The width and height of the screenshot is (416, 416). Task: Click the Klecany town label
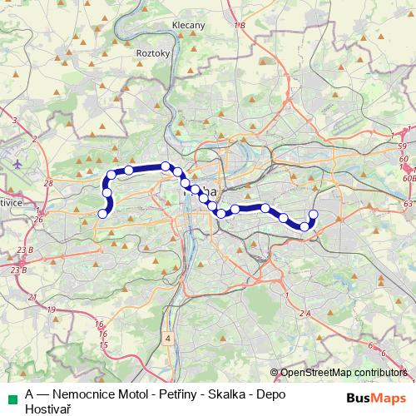[188, 26]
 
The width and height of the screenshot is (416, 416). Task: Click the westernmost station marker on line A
[103, 214]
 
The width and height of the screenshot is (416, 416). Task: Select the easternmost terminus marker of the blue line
[313, 214]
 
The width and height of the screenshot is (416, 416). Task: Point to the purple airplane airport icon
[18, 163]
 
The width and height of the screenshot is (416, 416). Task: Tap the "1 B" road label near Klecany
[240, 27]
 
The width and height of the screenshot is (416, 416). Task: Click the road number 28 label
[48, 182]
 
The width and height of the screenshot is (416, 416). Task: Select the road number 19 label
[52, 310]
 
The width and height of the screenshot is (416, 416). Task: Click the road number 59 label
[404, 146]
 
